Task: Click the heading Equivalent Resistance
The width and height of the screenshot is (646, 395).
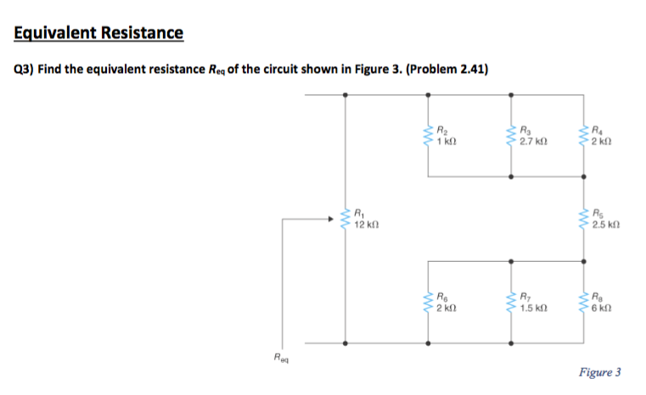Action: point(98,33)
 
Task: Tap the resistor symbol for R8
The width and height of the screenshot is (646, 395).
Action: point(583,302)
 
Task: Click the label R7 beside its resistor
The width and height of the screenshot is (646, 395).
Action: point(526,297)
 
